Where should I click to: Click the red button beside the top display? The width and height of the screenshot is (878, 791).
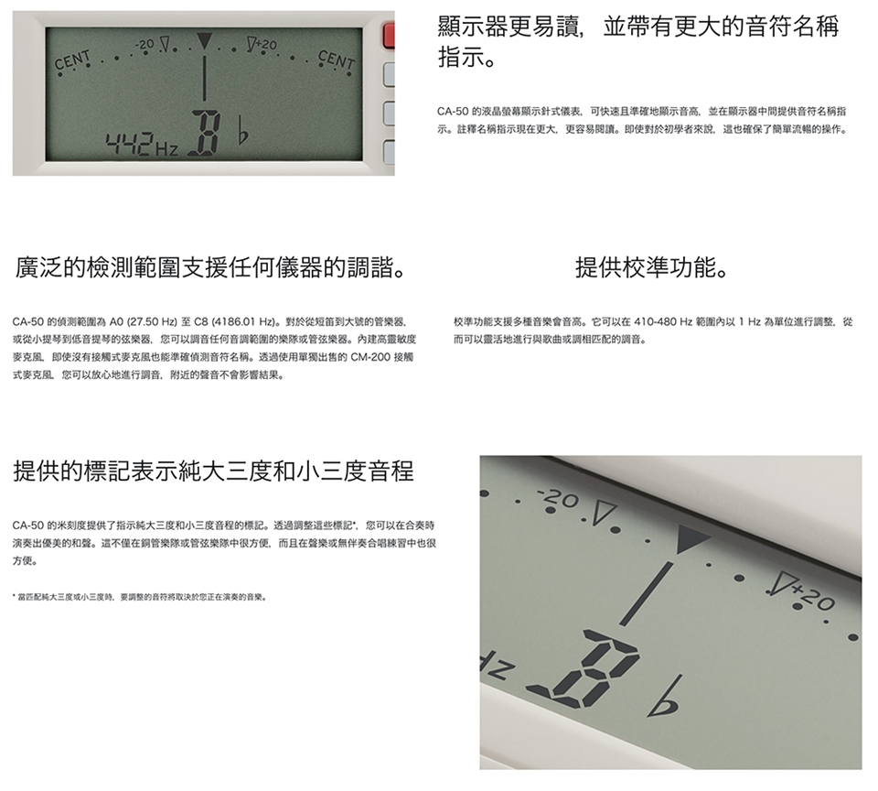coord(389,35)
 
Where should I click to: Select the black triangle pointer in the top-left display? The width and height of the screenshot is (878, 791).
coord(204,41)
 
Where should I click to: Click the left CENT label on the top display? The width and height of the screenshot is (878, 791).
coord(73,61)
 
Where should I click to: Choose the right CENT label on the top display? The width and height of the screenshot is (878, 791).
coord(336,60)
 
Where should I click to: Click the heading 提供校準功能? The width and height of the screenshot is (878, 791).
coord(652,267)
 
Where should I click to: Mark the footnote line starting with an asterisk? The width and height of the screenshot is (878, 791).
coord(139,597)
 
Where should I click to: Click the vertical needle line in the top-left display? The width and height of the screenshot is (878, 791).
coord(204,78)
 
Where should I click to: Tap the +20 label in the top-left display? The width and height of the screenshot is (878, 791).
coord(265,44)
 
